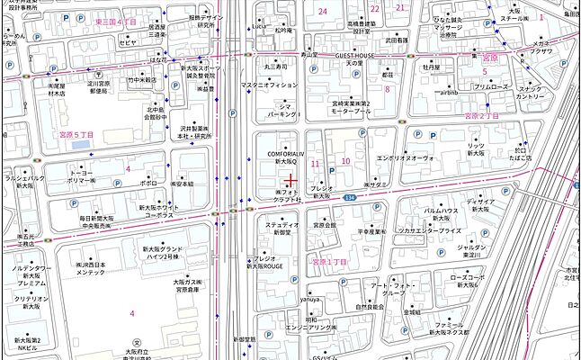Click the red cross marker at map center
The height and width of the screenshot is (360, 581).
click(x=290, y=181)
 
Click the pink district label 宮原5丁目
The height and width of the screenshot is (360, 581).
click(x=76, y=134)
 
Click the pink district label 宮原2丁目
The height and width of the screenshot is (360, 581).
click(x=480, y=116)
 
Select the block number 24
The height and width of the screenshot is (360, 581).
click(x=322, y=10)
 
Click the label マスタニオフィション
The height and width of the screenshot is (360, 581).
click(x=269, y=85)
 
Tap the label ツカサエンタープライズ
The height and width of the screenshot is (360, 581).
click(x=430, y=230)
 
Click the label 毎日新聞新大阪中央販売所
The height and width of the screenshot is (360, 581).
click(x=97, y=223)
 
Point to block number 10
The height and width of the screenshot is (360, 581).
click(x=345, y=161)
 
